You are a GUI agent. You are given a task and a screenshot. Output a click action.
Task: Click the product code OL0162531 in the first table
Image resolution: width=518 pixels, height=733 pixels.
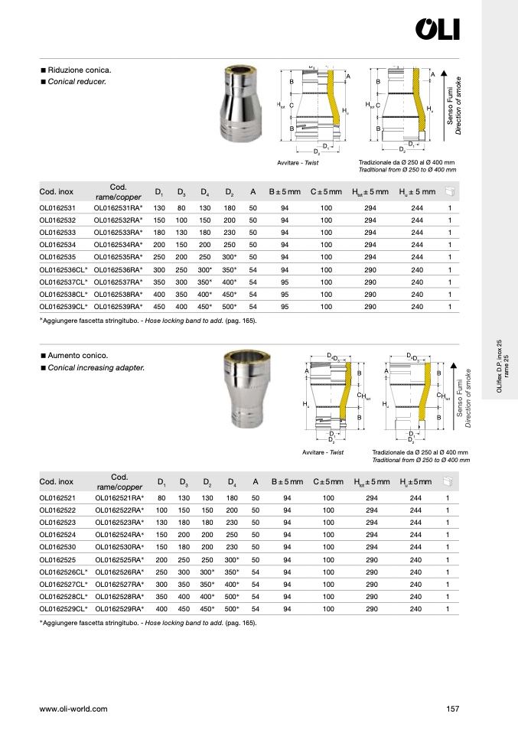[57, 208]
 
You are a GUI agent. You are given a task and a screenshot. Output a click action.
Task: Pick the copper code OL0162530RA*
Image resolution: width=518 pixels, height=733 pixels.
[120, 547]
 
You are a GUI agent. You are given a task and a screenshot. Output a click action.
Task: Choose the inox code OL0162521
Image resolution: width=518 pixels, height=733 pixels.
[57, 498]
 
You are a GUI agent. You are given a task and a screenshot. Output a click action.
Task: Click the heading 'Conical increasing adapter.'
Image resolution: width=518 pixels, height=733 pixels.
[96, 368]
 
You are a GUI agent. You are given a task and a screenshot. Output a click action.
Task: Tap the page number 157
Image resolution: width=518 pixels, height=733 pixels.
[452, 709]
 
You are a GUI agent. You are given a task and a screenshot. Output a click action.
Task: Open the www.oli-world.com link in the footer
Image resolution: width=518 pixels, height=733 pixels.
[73, 709]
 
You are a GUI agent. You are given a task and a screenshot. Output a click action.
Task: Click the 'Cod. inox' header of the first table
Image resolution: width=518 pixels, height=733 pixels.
[56, 191]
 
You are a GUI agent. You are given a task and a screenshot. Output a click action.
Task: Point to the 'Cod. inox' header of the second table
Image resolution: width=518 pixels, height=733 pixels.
[56, 481]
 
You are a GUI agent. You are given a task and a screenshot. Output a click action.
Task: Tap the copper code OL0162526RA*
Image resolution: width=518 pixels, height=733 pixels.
[120, 572]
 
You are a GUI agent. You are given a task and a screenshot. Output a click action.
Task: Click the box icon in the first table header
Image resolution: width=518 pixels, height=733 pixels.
[450, 191]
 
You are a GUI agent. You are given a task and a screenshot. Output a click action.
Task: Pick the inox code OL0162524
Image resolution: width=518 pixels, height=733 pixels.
[57, 535]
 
